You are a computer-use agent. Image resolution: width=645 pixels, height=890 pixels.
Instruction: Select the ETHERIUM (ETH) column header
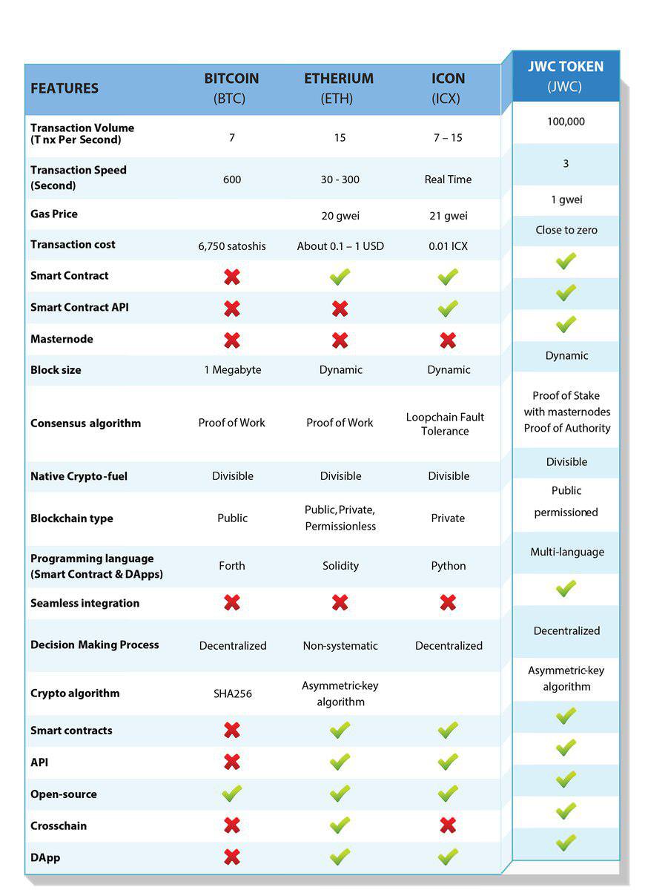point(339,88)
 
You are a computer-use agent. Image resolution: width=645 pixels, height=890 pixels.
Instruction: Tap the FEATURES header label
point(64,88)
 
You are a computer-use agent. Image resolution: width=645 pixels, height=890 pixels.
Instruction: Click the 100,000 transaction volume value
point(566,122)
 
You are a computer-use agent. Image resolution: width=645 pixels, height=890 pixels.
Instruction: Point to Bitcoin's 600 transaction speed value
point(232,179)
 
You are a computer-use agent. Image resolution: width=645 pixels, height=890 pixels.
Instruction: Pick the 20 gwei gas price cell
point(340,216)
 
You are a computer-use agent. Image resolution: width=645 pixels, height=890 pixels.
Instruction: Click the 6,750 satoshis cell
point(232,246)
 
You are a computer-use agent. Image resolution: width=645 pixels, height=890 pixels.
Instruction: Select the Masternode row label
point(62,339)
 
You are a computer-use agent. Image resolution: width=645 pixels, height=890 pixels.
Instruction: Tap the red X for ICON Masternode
point(448,340)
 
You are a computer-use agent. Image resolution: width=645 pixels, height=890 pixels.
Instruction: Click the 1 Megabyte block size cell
point(233,370)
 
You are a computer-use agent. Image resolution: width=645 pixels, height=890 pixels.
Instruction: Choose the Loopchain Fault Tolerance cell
point(446,424)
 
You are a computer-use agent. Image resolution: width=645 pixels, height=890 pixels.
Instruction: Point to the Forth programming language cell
point(232,565)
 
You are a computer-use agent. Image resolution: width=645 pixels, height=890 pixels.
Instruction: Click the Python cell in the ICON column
point(449,566)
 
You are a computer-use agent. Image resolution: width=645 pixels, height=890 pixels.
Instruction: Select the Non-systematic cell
point(340,646)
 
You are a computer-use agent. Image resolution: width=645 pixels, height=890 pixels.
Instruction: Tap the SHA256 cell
point(233,693)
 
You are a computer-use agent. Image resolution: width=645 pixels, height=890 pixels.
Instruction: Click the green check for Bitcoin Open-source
point(232,793)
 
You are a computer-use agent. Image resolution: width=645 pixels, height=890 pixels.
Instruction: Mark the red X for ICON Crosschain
point(448,825)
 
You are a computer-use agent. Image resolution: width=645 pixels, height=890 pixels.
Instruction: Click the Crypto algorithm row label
point(75,693)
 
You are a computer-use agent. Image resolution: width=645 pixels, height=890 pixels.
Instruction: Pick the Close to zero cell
point(566,230)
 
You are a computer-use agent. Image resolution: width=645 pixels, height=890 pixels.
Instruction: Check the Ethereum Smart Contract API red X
point(340,309)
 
